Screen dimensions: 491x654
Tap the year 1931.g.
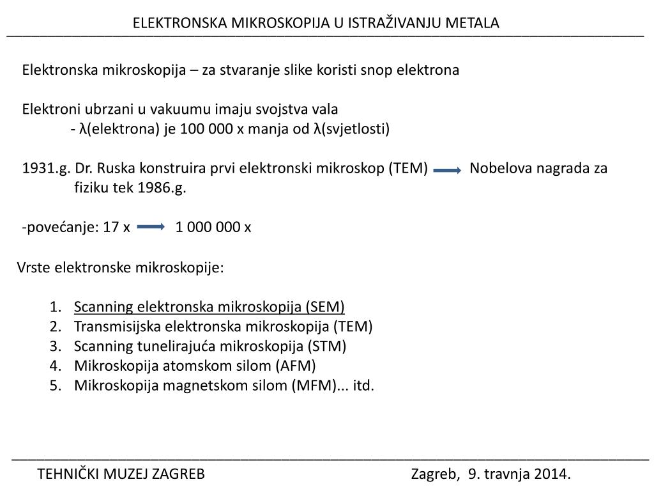click(45, 168)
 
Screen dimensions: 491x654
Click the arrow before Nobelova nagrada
click(447, 170)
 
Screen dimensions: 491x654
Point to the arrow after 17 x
click(151, 227)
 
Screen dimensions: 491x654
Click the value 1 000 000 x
click(213, 227)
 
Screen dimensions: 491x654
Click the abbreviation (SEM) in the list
click(325, 307)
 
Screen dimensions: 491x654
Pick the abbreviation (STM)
click(326, 347)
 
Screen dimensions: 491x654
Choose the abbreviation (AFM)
click(296, 366)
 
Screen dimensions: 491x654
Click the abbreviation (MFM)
click(313, 386)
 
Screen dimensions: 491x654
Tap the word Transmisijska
click(118, 327)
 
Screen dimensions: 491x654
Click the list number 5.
click(54, 386)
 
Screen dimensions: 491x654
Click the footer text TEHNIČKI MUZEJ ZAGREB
click(121, 474)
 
